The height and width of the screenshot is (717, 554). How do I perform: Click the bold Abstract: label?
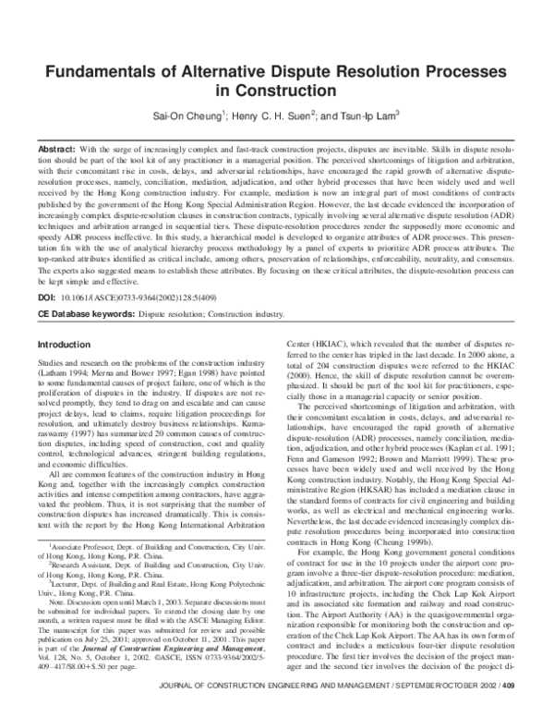(x=56, y=149)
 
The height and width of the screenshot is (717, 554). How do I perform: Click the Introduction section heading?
(x=64, y=345)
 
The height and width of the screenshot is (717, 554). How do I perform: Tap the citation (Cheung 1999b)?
(x=428, y=541)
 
